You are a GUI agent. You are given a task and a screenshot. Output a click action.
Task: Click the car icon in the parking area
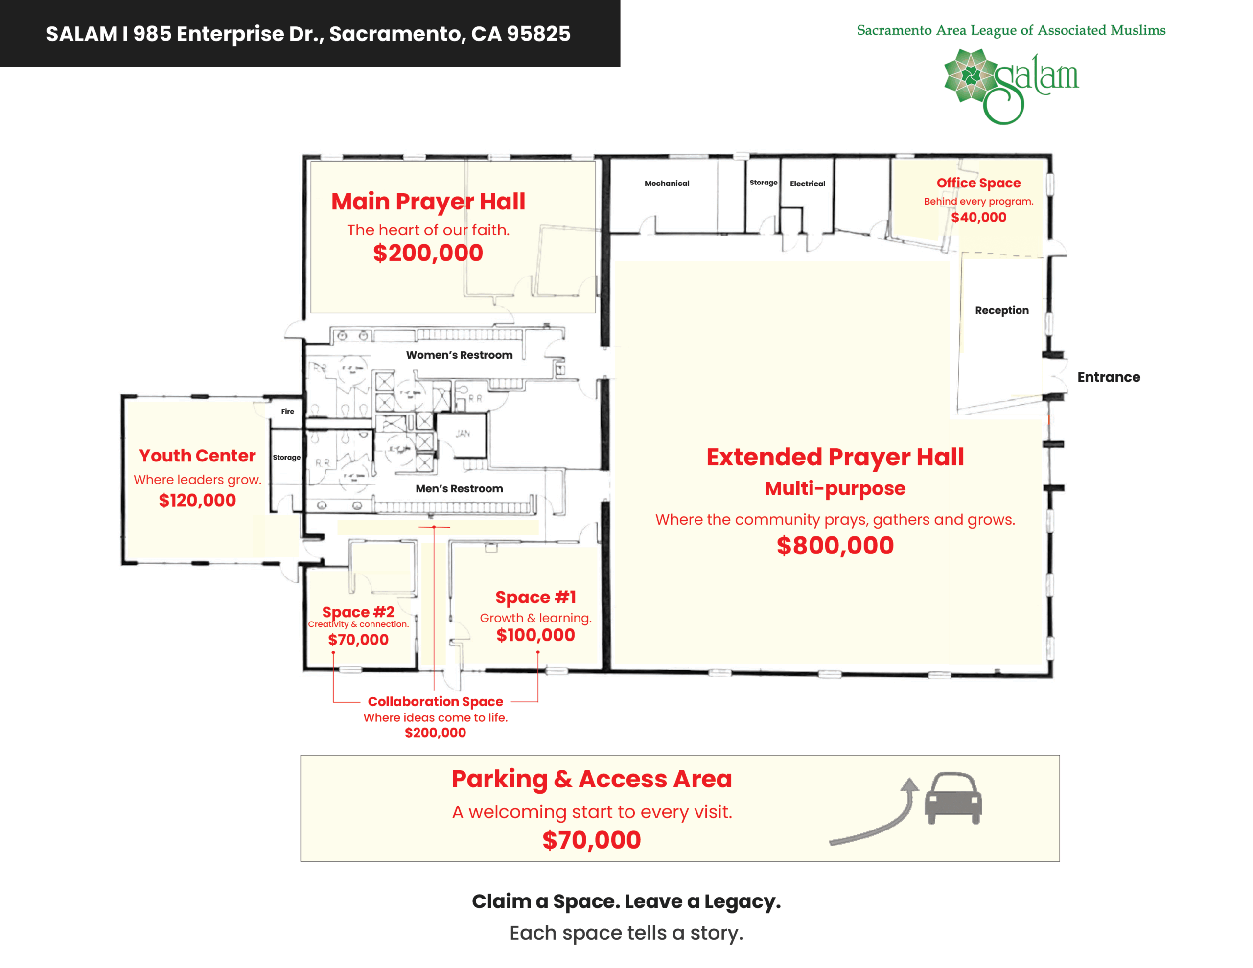[x=952, y=798]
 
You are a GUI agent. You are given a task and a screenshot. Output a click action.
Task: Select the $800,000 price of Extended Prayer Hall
[x=835, y=546]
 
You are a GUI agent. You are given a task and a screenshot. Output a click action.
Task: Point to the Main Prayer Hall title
[x=428, y=202]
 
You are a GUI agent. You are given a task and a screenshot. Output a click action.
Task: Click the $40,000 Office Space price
[x=978, y=217]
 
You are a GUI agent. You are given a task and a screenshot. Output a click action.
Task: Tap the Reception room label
[x=1002, y=310]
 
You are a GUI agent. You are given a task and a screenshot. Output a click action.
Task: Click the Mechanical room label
[x=667, y=184]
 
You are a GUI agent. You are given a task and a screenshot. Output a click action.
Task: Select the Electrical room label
[x=807, y=184]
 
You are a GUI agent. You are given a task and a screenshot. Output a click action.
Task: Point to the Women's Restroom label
[x=459, y=355]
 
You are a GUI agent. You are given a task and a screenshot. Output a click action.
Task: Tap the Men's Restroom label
[x=459, y=489]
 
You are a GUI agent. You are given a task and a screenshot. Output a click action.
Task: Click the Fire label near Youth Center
[x=287, y=412]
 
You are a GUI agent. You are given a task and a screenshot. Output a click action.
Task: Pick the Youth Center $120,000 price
[x=197, y=500]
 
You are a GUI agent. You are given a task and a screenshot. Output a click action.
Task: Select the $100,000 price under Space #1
[x=535, y=635]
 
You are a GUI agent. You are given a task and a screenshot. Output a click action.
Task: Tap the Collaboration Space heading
[x=436, y=702]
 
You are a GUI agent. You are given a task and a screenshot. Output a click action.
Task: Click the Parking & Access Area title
[x=591, y=779]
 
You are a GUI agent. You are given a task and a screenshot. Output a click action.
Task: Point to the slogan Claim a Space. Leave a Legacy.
[x=626, y=901]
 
